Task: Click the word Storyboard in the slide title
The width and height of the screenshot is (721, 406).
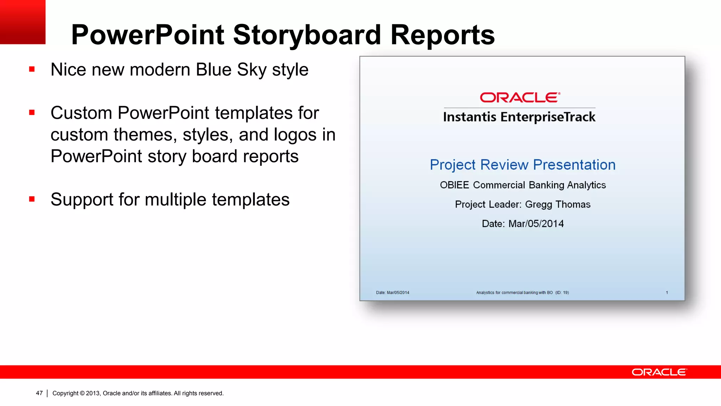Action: (307, 35)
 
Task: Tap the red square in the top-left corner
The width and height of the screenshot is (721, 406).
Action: (23, 22)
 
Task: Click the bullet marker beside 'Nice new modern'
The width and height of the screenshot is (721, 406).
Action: (32, 69)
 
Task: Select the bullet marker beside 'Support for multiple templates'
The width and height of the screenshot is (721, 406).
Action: (32, 199)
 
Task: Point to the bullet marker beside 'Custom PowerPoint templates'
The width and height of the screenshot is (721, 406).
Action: (32, 113)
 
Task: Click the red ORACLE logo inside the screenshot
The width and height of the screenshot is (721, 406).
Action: (520, 98)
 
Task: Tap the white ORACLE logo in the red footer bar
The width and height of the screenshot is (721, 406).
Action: (659, 372)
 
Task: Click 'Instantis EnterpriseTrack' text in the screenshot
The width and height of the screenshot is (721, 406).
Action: (519, 117)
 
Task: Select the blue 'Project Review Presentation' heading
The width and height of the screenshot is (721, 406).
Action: (522, 165)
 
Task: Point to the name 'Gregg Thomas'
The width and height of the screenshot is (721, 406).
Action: (558, 204)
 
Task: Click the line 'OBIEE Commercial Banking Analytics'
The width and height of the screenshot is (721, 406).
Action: (522, 185)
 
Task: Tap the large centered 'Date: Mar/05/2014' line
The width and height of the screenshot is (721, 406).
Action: (522, 224)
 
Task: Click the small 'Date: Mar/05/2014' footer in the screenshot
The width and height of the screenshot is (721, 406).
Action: (392, 293)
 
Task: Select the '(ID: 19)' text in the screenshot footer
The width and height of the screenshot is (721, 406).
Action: (562, 293)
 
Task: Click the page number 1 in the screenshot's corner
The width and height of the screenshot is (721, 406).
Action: (667, 293)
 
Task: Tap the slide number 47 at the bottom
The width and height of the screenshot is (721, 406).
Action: (39, 393)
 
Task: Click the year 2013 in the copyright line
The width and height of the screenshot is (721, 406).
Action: (93, 393)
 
